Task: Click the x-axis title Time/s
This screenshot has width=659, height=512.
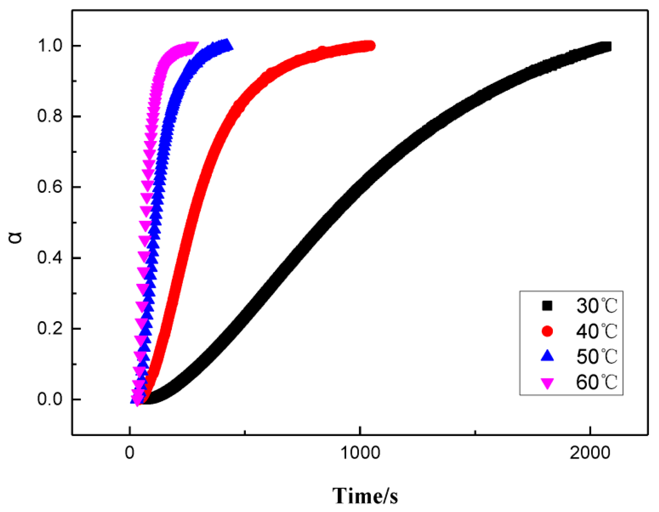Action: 365,496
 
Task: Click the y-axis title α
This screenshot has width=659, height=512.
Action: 16,237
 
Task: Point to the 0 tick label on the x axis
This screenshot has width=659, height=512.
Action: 129,453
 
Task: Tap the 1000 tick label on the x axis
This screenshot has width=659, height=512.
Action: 360,453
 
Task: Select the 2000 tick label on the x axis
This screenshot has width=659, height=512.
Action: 590,453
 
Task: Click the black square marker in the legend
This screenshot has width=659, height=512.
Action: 547,306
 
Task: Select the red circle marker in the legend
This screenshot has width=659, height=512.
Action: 547,331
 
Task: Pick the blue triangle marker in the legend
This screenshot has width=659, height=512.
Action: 547,356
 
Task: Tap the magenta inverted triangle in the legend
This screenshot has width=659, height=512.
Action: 547,383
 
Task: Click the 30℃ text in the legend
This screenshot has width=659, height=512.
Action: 596,306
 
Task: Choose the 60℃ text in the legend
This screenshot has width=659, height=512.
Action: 596,382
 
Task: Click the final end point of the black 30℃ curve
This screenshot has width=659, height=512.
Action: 606,46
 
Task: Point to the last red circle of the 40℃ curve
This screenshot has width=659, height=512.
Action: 371,45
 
